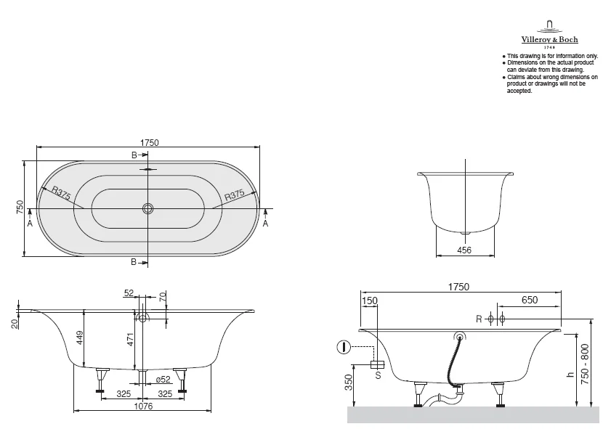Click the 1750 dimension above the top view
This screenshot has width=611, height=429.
149,143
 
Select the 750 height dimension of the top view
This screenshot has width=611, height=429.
20,208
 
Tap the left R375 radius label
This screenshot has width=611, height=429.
61,193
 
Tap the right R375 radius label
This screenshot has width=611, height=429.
238,195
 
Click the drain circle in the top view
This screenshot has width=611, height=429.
148,208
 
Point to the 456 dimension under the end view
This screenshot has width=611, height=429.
464,250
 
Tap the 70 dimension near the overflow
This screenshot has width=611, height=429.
163,297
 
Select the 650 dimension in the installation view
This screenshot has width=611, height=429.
530,300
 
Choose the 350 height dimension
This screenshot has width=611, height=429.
348,382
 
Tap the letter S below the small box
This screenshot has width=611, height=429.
377,375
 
